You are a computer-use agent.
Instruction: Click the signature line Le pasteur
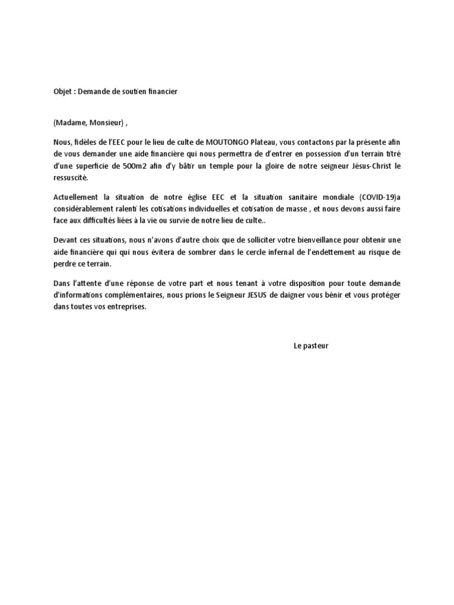tap(310, 346)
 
